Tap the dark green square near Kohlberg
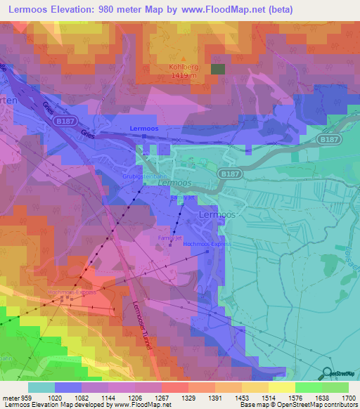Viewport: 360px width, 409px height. pyautogui.click(x=219, y=69)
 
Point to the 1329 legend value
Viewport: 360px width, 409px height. pyautogui.click(x=188, y=397)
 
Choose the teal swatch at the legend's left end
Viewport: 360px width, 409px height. pyautogui.click(x=41, y=387)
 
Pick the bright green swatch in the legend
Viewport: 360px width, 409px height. pyautogui.click(x=308, y=387)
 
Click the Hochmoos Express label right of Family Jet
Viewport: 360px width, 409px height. pyautogui.click(x=207, y=244)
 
